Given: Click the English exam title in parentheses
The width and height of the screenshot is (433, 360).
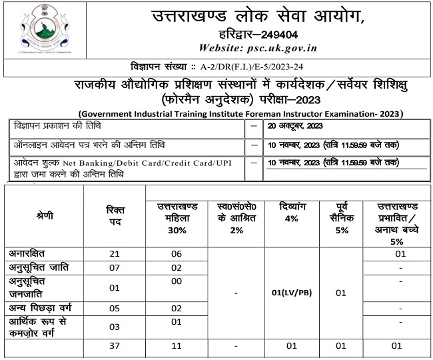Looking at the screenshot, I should (240, 113).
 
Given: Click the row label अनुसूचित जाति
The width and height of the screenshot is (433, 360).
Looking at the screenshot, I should (39, 267).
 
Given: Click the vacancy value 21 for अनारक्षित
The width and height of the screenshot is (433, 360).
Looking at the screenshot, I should (115, 253).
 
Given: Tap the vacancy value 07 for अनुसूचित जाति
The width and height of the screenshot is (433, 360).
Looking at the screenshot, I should (115, 267).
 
